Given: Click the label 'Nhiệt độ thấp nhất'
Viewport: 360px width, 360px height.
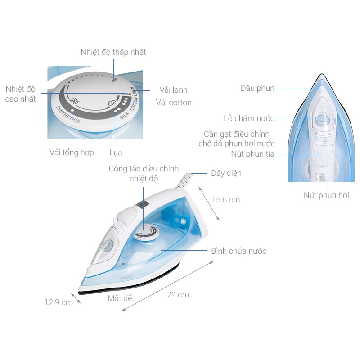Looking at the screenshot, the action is tap(113, 52).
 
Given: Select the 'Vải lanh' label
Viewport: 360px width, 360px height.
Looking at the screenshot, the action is tap(173, 90).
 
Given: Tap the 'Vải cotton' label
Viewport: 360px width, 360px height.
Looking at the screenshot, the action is tap(174, 103).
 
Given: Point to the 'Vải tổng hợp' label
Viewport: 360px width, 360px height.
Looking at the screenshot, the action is tap(72, 153).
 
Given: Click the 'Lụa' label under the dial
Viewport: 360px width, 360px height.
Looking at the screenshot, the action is tap(116, 153).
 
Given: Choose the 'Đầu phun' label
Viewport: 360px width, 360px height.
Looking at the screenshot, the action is tap(257, 88).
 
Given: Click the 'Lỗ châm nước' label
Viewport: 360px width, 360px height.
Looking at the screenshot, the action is tap(249, 118).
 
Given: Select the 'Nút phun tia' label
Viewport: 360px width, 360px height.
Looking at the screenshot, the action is tap(252, 154).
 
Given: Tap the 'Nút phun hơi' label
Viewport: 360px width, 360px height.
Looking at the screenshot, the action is tap(326, 195).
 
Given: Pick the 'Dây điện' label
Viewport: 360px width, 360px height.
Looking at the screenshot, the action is tap(226, 173).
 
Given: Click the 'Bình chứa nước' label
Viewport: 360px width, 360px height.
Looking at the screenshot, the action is tap(238, 251).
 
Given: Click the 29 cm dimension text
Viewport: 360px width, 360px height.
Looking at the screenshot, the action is tap(178, 295).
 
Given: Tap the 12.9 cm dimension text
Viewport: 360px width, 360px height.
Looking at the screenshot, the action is tap(58, 302).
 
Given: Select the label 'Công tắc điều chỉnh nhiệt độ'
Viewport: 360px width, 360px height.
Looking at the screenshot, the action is tap(144, 174).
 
